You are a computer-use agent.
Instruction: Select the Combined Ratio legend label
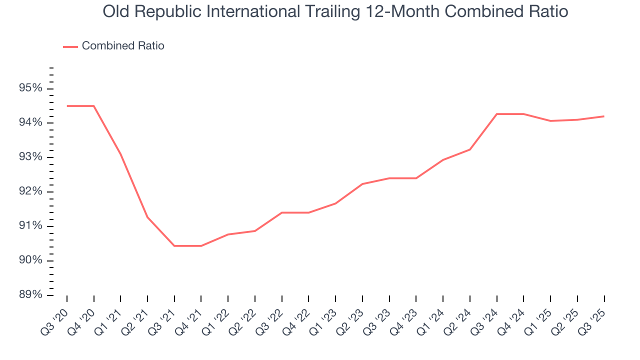click(x=123, y=46)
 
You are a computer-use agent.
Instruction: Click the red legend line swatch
click(x=70, y=46)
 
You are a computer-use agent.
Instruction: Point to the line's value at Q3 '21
click(x=174, y=246)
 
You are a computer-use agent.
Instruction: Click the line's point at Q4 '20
click(x=94, y=106)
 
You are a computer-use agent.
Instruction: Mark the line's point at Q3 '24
click(x=497, y=114)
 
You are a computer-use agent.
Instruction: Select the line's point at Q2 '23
click(x=362, y=184)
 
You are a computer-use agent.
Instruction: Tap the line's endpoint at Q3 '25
click(x=604, y=116)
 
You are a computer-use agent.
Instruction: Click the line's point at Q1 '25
click(x=550, y=121)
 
